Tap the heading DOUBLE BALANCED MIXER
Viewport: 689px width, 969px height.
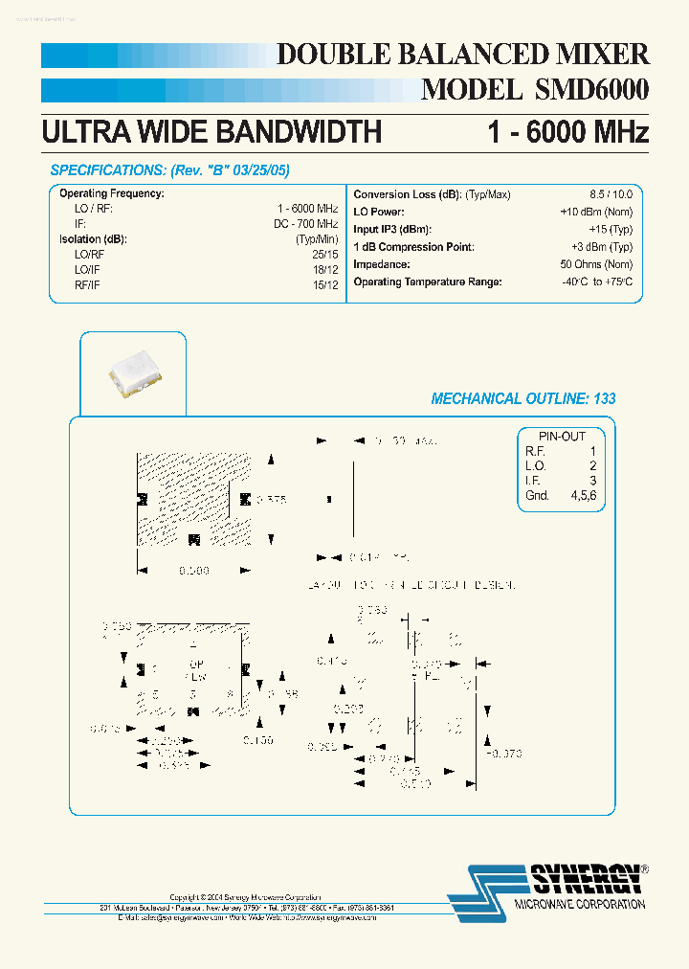(x=462, y=54)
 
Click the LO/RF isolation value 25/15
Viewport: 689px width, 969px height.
(x=325, y=254)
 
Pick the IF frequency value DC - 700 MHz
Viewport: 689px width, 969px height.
(x=305, y=223)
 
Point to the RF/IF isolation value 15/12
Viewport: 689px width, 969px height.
(x=325, y=284)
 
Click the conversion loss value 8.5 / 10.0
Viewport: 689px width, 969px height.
(x=611, y=194)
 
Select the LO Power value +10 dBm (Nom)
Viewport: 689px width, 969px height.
(x=596, y=212)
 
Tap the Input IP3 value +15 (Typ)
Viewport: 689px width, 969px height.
(x=609, y=229)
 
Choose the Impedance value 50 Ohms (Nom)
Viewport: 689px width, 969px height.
(x=596, y=264)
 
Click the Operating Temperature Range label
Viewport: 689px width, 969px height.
(x=427, y=282)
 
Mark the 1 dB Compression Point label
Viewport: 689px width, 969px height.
(x=413, y=247)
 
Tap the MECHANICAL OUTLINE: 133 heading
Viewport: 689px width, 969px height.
(x=523, y=398)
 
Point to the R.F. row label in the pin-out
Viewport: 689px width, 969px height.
(x=534, y=451)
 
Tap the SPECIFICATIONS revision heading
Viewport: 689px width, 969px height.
(x=169, y=170)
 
